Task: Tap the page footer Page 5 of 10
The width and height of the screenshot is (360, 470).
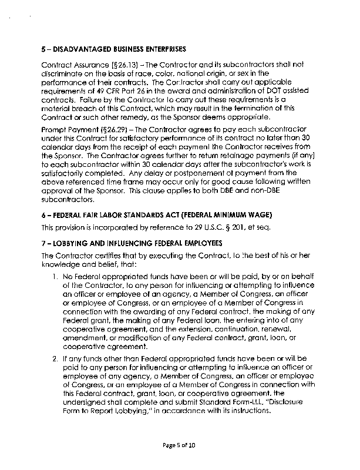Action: click(x=180, y=446)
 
